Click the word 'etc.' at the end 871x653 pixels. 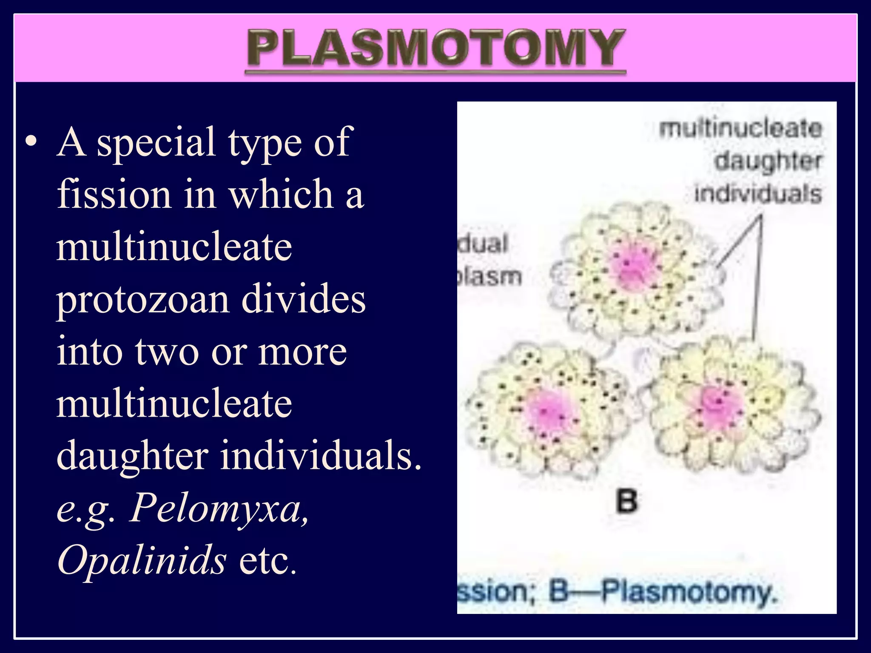pos(268,560)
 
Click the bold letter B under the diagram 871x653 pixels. pos(627,501)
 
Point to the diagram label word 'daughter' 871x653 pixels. pos(768,162)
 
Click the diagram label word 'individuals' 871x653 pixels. pos(758,194)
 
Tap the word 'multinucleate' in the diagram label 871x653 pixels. pos(740,129)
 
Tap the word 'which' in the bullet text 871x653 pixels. pos(281,194)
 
